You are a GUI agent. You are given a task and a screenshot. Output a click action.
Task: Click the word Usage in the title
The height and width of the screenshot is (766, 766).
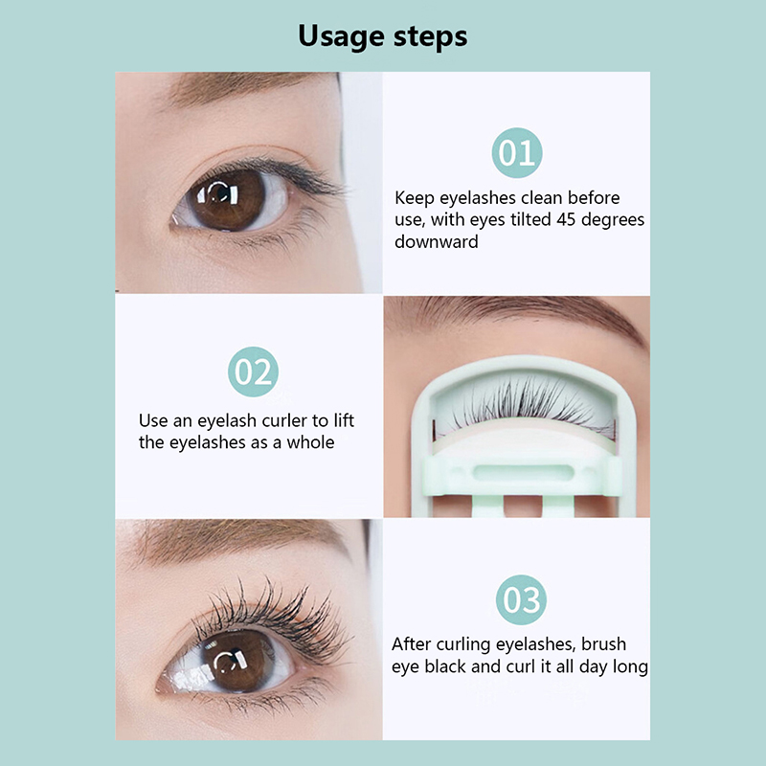click(x=341, y=37)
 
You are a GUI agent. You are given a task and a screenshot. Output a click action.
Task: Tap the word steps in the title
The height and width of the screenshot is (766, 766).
click(x=430, y=37)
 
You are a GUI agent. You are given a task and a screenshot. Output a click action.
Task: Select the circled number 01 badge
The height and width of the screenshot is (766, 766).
click(x=517, y=152)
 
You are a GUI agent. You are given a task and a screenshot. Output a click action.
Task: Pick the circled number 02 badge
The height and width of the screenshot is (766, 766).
click(x=253, y=372)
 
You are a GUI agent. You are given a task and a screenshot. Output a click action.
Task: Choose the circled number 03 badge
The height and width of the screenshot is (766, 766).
click(x=521, y=599)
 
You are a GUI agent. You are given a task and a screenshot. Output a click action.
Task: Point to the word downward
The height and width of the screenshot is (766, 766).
click(x=437, y=242)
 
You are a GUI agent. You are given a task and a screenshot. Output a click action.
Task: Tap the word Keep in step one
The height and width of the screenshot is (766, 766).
click(x=415, y=198)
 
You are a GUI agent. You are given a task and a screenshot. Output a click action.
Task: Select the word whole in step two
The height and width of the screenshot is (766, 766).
click(x=310, y=442)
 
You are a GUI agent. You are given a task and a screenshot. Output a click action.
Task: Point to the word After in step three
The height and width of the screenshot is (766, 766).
click(x=412, y=643)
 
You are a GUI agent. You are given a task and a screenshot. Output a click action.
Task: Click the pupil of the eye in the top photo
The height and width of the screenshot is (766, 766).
click(x=218, y=193)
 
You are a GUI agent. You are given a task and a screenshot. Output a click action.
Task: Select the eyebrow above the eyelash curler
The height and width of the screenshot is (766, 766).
click(x=518, y=313)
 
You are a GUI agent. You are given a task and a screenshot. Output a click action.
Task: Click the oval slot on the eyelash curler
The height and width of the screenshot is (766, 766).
click(x=523, y=473)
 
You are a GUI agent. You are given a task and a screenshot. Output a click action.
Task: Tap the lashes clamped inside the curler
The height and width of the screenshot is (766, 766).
click(x=523, y=403)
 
